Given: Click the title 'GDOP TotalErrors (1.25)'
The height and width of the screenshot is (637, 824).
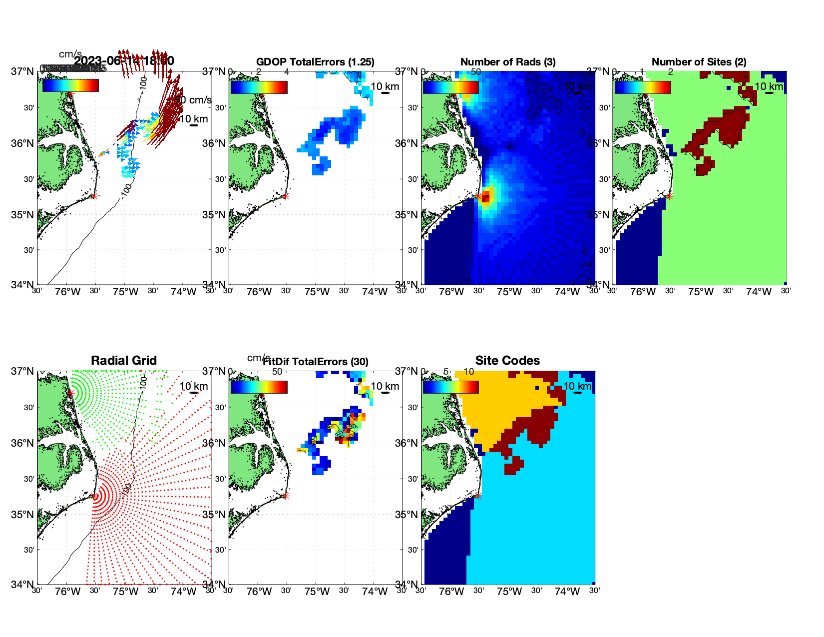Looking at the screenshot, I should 315,62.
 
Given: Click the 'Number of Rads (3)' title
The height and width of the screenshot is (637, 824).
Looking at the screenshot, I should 507,62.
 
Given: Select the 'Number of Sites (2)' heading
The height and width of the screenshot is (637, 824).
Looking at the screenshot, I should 699,62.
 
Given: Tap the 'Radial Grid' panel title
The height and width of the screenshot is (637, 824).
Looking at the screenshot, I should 124,361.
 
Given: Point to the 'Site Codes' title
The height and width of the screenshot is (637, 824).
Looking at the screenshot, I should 507,361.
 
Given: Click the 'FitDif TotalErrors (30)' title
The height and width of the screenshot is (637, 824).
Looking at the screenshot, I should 316,362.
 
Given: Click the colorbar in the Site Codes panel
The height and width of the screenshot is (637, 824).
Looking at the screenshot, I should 450,387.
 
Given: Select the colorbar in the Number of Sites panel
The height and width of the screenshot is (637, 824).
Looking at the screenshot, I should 642,87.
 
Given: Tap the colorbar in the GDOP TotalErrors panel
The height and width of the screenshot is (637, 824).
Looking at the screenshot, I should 259,87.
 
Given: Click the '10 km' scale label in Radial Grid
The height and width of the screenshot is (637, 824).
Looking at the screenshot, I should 193,386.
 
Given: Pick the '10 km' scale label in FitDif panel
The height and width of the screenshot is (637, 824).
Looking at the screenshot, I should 385,386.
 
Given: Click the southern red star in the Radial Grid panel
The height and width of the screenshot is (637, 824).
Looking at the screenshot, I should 95,496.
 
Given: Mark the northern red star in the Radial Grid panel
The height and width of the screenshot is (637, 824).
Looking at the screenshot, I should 70,394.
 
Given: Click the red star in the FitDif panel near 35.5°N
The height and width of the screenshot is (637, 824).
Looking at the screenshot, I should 285,496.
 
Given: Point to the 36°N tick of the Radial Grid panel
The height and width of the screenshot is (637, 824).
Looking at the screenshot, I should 22,443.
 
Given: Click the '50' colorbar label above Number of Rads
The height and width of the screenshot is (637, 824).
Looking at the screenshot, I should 476,72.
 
